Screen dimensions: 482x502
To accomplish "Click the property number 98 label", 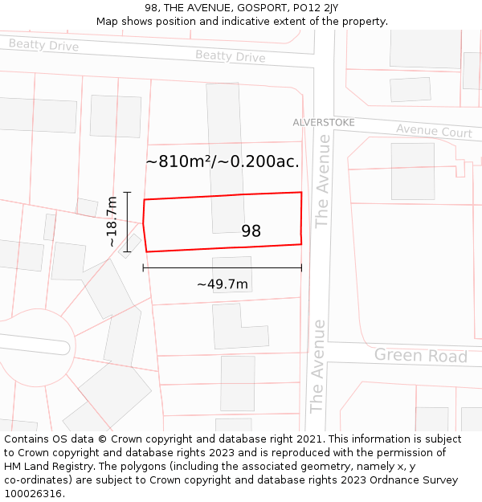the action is point(251,231).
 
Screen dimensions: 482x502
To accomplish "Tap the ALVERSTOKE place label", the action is point(323,122).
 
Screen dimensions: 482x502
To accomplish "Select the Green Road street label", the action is point(420,355).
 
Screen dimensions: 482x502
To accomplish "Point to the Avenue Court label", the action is point(434,131).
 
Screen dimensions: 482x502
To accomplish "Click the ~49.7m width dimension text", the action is point(223,284).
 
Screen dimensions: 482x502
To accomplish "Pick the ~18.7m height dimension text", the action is point(112,221).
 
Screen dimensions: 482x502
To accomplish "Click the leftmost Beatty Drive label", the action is point(43,45).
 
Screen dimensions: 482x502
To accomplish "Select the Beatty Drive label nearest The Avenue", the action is point(230,56).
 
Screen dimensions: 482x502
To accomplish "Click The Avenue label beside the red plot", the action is point(322,182).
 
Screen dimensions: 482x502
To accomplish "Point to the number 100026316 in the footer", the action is point(34,493).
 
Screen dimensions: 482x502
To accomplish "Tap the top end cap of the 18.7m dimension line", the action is point(127,193).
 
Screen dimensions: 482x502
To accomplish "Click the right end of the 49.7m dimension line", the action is point(301,267).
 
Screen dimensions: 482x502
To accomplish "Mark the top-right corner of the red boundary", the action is point(301,193).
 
